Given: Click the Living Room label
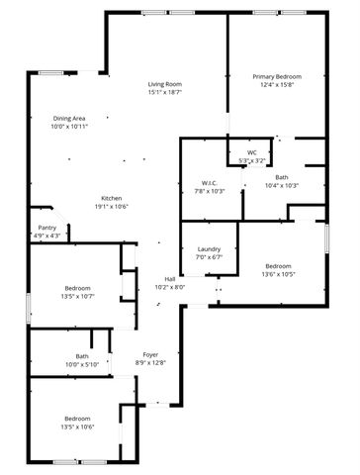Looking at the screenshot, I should pos(165,85).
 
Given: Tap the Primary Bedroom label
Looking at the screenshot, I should pos(277,76).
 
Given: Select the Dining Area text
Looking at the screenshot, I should pos(69,119).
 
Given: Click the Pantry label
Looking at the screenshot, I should pos(47,228).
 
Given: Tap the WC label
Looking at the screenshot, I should pos(252,152).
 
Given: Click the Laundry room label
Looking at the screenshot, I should pos(209,248).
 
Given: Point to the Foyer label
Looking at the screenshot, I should pos(151,354).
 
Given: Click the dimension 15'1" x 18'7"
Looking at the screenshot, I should pos(165,93).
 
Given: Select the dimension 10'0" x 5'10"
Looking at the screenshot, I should pos(82,364).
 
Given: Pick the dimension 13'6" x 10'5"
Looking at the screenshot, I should pos(278,273).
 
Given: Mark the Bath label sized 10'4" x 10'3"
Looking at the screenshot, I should pos(282,177).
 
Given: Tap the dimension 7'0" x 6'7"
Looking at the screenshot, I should pos(209,256).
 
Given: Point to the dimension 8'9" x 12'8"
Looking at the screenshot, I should pos(151,362).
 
